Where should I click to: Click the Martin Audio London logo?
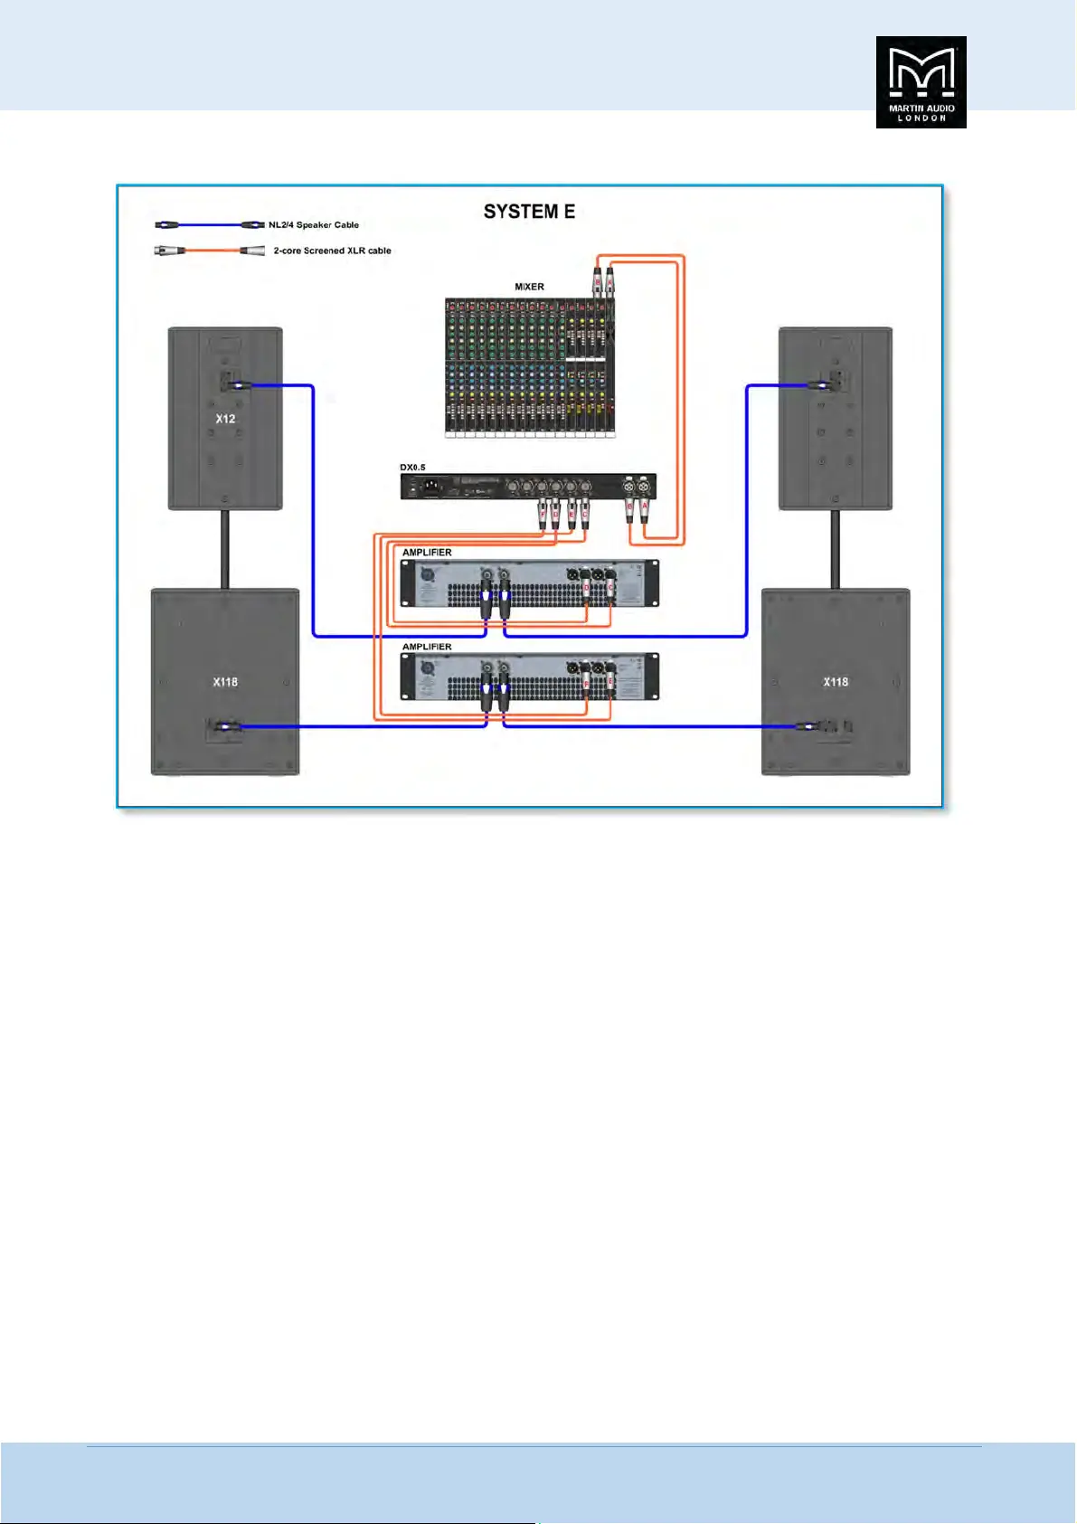click(921, 82)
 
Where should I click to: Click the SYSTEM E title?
click(529, 212)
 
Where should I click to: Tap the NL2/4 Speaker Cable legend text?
click(314, 225)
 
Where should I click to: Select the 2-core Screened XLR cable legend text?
click(332, 251)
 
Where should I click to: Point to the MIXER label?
click(529, 287)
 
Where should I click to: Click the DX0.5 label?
click(412, 468)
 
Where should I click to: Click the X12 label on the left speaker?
click(225, 419)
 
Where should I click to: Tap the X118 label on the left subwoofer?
click(225, 682)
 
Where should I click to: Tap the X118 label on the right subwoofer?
click(836, 682)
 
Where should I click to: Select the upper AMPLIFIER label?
click(427, 552)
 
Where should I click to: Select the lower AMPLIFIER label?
click(427, 647)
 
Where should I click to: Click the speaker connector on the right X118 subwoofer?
click(808, 725)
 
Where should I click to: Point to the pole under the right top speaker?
click(835, 549)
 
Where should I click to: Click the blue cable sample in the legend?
click(210, 224)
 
